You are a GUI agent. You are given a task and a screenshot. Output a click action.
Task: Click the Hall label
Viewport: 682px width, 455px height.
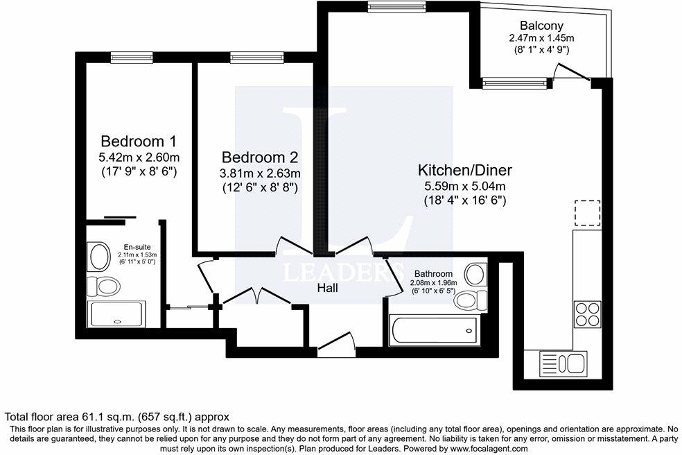327,286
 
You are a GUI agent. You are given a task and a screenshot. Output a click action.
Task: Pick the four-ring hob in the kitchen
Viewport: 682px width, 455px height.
586,314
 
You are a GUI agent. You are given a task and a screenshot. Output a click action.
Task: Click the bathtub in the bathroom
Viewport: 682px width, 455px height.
433,330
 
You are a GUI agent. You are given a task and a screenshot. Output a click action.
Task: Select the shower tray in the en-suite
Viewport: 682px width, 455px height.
118,314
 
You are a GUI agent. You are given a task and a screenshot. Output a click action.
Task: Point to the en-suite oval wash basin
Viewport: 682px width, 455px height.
99,257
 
